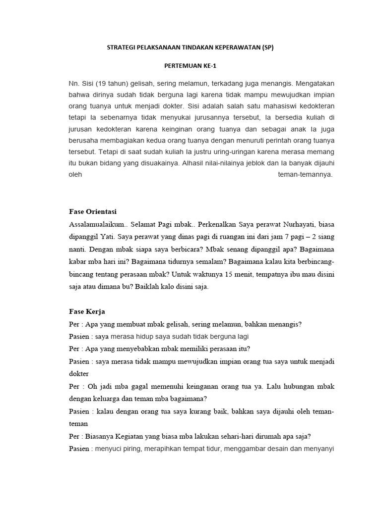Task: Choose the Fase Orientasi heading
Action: coord(92,211)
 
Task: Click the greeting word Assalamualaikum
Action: coord(95,224)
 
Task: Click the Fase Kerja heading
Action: coord(87,312)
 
